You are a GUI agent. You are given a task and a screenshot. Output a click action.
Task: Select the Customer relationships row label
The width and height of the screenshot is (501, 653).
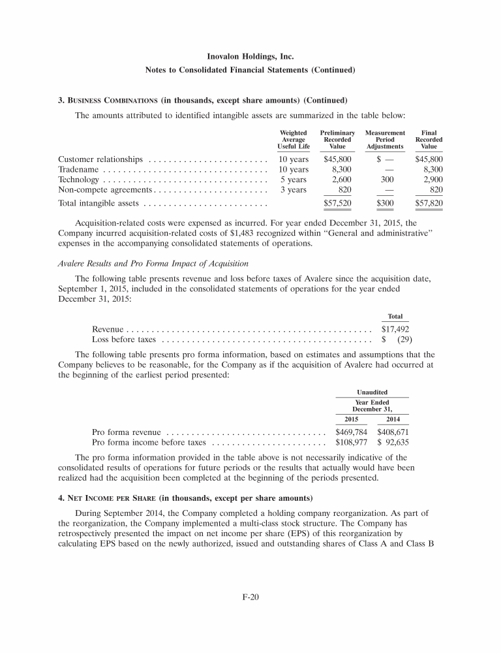100,159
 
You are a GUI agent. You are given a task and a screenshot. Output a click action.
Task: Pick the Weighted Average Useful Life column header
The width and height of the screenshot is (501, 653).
293,140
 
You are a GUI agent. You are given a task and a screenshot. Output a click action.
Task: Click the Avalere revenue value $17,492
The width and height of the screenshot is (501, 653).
395,330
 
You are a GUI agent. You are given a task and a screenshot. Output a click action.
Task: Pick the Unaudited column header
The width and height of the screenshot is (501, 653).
372,392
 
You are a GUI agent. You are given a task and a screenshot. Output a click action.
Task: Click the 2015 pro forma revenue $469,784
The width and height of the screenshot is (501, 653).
351,432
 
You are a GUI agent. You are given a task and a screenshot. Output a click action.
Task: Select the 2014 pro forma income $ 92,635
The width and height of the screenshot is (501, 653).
393,442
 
